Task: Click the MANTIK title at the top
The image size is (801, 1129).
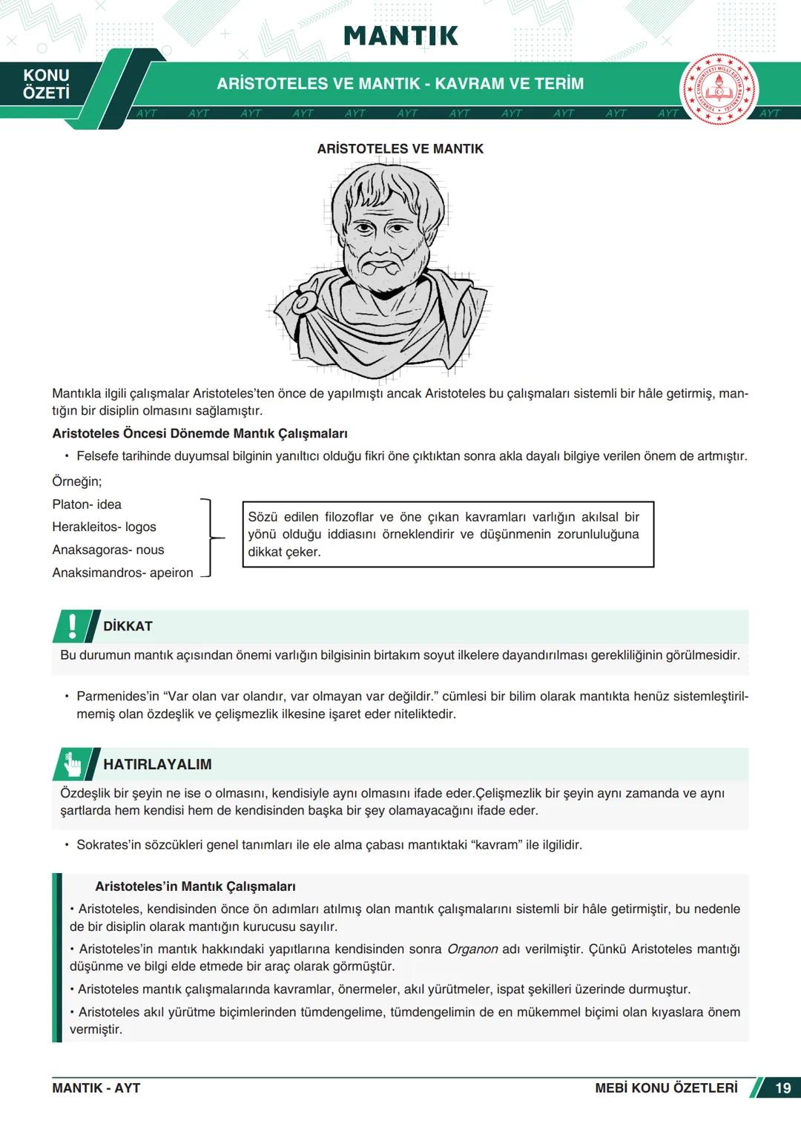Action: point(400,36)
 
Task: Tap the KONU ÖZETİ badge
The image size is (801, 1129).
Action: point(46,85)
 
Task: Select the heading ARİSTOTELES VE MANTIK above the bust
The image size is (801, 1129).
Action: point(400,149)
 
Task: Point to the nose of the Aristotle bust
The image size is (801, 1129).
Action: point(383,241)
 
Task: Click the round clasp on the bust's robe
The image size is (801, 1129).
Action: point(301,303)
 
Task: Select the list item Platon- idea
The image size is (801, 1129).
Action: point(87,504)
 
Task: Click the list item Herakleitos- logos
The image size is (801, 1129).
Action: point(104,527)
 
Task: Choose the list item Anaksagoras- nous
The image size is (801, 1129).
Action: point(108,550)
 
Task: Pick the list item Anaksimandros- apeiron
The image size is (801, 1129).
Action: point(122,573)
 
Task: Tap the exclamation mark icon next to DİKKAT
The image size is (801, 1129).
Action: point(72,626)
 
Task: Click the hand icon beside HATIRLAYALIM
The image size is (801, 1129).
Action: point(73,764)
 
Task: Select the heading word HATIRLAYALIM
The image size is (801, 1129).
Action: point(157,765)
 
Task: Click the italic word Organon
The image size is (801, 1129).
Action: point(472,949)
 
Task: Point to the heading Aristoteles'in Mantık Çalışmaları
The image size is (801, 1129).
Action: point(195,886)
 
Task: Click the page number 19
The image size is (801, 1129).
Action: point(782,1088)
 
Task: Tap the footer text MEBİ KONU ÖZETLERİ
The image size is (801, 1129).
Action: point(666,1088)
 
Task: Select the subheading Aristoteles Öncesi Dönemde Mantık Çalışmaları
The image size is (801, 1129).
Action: point(200,434)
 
